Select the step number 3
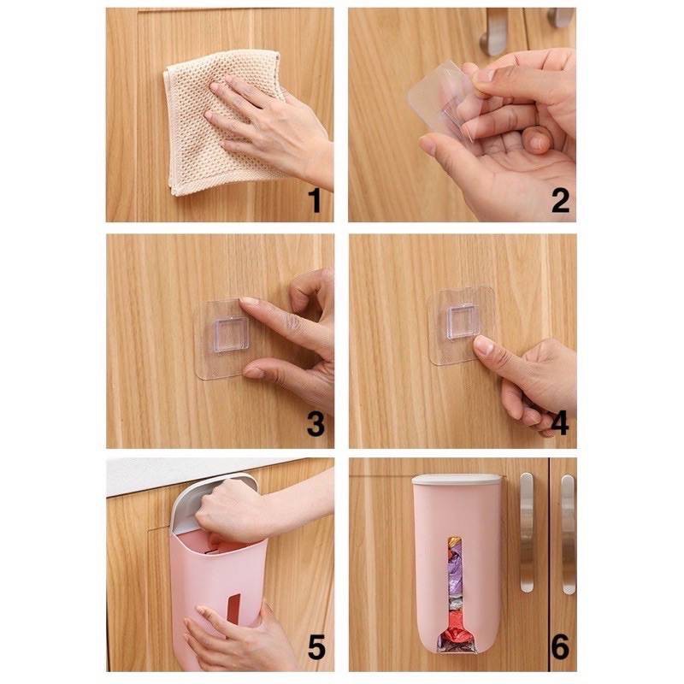click(315, 423)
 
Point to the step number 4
click(560, 423)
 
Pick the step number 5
click(316, 647)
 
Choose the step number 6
click(561, 647)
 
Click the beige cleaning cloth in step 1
click(222, 122)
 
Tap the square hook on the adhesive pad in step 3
click(232, 334)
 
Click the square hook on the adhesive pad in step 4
click(462, 321)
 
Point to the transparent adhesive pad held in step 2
click(440, 98)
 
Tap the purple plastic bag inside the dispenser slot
click(454, 576)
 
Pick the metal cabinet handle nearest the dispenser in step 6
click(527, 532)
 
